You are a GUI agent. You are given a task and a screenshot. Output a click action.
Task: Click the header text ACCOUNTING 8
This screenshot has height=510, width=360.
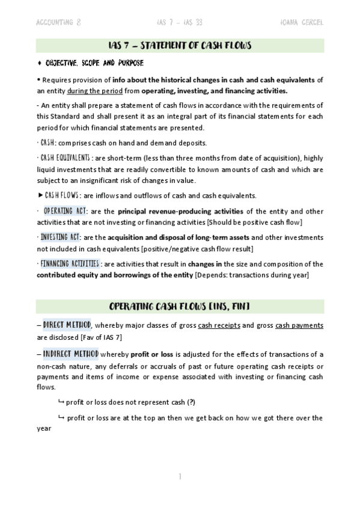pos(59,23)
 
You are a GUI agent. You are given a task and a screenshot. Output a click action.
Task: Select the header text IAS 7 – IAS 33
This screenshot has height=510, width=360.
pos(179,23)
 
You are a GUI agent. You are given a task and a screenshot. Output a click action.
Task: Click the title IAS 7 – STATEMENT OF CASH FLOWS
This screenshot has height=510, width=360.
pos(180,46)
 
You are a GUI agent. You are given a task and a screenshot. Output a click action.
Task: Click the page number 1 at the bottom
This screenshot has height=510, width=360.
pos(180,476)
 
